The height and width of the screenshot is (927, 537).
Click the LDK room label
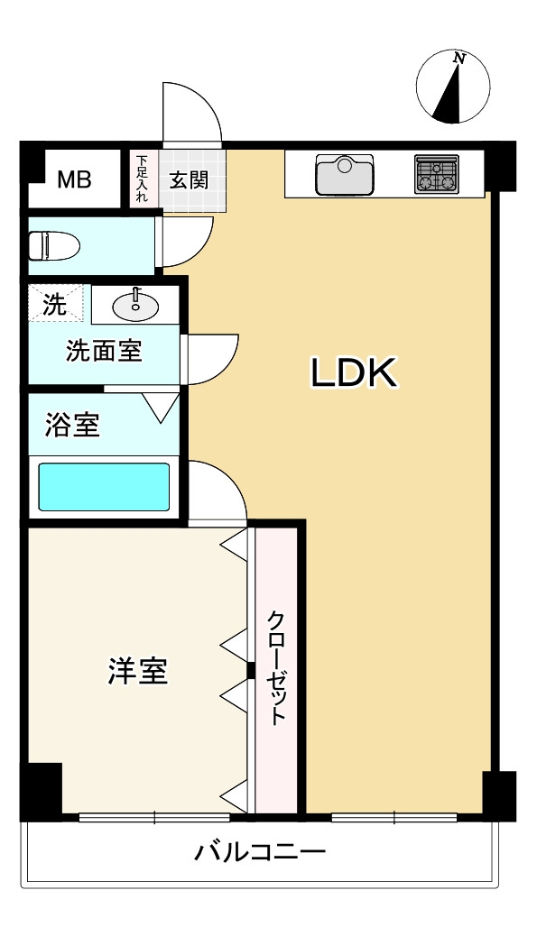tap(354, 373)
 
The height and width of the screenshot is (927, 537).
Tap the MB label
tap(74, 179)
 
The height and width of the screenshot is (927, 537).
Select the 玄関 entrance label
tap(189, 180)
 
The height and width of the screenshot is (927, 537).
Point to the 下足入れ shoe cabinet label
tap(142, 179)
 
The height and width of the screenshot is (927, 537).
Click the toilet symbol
tap(54, 246)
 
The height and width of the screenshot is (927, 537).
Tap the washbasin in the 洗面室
tap(135, 305)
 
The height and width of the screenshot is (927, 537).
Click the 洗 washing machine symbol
tap(55, 304)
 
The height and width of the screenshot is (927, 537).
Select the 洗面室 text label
tap(104, 351)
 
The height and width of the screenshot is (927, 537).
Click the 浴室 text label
tap(72, 425)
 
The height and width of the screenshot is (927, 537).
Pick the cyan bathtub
tap(104, 487)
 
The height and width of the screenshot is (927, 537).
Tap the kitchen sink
tap(345, 174)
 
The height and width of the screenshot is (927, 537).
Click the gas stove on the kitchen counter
tap(437, 174)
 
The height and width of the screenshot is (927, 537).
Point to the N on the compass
tap(459, 58)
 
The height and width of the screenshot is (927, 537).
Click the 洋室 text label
tap(138, 671)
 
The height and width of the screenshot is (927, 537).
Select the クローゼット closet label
tap(276, 668)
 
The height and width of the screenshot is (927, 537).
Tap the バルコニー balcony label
tap(260, 852)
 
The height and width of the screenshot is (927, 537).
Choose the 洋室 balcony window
tap(154, 818)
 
